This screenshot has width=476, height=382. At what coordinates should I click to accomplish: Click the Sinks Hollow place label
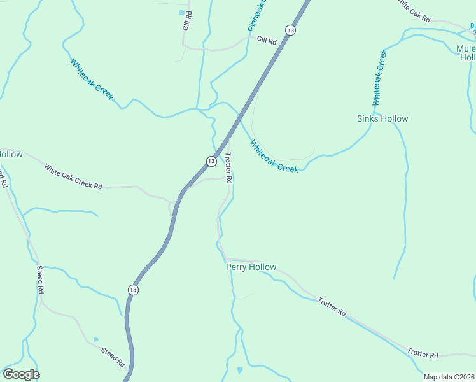tap(382, 118)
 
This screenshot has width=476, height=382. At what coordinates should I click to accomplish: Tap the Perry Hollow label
tap(251, 267)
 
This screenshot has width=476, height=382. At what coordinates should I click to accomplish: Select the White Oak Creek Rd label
tap(73, 177)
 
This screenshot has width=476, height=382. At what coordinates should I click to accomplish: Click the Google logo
tap(21, 374)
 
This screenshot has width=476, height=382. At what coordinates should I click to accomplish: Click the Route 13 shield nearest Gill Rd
tap(290, 30)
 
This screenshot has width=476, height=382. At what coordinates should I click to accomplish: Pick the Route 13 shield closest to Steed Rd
tap(132, 290)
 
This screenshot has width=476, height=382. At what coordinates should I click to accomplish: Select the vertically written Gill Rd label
tap(187, 21)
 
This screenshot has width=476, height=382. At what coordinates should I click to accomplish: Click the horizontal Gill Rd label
tap(267, 40)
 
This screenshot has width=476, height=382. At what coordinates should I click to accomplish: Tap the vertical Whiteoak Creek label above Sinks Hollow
tap(379, 78)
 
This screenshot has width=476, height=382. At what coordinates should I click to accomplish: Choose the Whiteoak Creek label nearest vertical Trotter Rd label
tap(274, 157)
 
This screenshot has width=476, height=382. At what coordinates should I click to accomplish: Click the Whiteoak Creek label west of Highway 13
tap(92, 79)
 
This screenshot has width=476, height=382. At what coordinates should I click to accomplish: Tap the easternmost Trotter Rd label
tap(423, 353)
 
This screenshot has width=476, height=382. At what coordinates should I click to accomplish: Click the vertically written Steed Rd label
tap(40, 279)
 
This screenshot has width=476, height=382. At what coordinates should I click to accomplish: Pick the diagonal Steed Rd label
tap(113, 357)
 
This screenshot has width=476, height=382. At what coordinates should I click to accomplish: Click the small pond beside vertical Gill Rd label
tap(182, 12)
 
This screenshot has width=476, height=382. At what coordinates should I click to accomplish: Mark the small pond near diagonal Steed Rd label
tap(95, 339)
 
